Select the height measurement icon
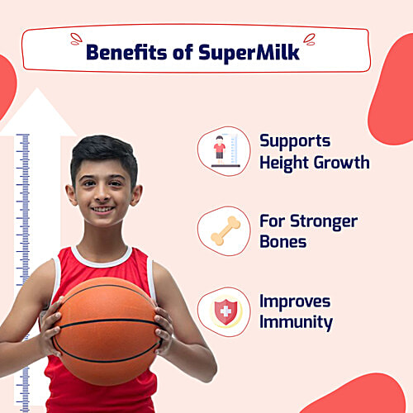[223, 150]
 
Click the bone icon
[223, 230]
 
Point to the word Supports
[295, 140]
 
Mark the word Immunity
[296, 321]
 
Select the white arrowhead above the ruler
[37, 112]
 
